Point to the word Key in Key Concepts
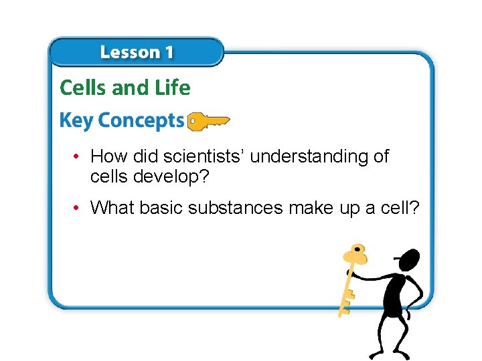76,121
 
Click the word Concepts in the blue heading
141,121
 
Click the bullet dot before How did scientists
78,157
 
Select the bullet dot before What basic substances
78,208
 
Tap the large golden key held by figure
350,281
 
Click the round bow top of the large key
355,255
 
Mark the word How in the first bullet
108,157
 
